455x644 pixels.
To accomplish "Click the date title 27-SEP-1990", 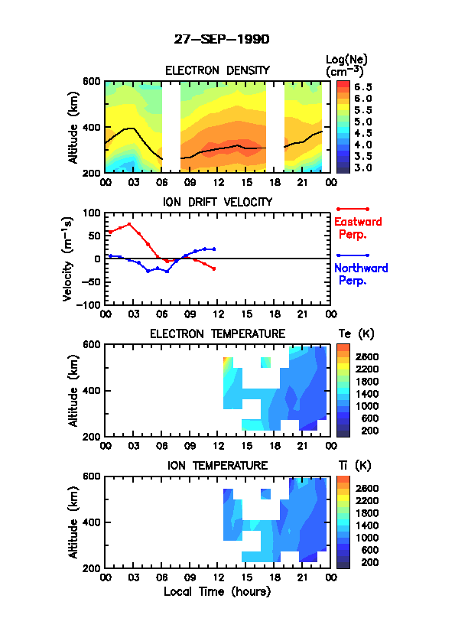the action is (x=222, y=39).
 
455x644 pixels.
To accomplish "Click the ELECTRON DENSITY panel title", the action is (x=217, y=70).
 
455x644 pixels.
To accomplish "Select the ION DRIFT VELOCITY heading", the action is (x=217, y=202).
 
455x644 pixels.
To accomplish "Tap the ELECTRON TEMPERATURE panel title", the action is (x=217, y=333).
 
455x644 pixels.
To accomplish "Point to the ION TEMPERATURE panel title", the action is (x=217, y=465).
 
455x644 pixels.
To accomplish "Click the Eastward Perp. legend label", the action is (x=358, y=228).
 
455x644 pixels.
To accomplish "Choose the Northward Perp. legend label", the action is (x=361, y=274).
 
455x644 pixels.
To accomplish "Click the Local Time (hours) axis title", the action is (x=217, y=591).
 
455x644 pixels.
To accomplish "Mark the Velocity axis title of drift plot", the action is (x=68, y=259).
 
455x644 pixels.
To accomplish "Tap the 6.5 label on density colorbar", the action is (x=363, y=87).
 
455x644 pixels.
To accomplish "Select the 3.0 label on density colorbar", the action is (x=363, y=168).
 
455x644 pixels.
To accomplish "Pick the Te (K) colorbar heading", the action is (x=356, y=333).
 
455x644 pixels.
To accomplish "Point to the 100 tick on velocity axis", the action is (x=92, y=213).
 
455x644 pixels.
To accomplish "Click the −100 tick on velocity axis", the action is (x=89, y=304).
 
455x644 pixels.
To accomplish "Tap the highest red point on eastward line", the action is (x=129, y=224).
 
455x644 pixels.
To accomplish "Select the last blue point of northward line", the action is (x=214, y=249).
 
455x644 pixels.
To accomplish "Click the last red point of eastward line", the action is (x=214, y=268).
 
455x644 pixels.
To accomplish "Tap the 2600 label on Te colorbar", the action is (x=367, y=357).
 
